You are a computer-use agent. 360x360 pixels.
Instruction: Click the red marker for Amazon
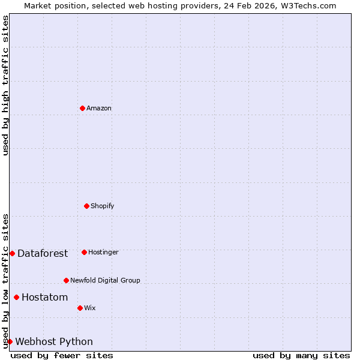[82, 108]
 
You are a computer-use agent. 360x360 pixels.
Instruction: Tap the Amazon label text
[99, 109]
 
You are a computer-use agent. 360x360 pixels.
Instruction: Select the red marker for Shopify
[86, 206]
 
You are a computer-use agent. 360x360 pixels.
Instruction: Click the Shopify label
[103, 206]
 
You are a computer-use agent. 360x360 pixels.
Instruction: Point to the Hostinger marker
[84, 252]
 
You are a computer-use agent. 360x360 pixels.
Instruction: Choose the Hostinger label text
[103, 253]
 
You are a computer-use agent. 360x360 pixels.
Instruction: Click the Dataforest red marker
[12, 253]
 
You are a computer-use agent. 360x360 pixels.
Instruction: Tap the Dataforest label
[43, 254]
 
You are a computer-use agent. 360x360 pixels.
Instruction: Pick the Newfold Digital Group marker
[66, 280]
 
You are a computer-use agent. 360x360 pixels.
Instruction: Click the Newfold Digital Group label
[105, 281]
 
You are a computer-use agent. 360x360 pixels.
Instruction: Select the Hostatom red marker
[16, 297]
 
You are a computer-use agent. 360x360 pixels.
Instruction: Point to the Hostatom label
[45, 298]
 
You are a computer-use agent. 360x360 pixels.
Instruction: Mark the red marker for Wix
[80, 308]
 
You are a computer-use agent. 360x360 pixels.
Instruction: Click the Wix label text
[90, 308]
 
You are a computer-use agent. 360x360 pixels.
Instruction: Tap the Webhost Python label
[54, 342]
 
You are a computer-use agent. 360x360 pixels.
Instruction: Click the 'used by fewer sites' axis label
[62, 356]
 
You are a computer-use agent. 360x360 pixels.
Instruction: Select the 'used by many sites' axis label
[301, 356]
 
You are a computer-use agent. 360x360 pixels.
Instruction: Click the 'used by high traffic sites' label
[5, 85]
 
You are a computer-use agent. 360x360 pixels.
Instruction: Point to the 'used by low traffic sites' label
[5, 280]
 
